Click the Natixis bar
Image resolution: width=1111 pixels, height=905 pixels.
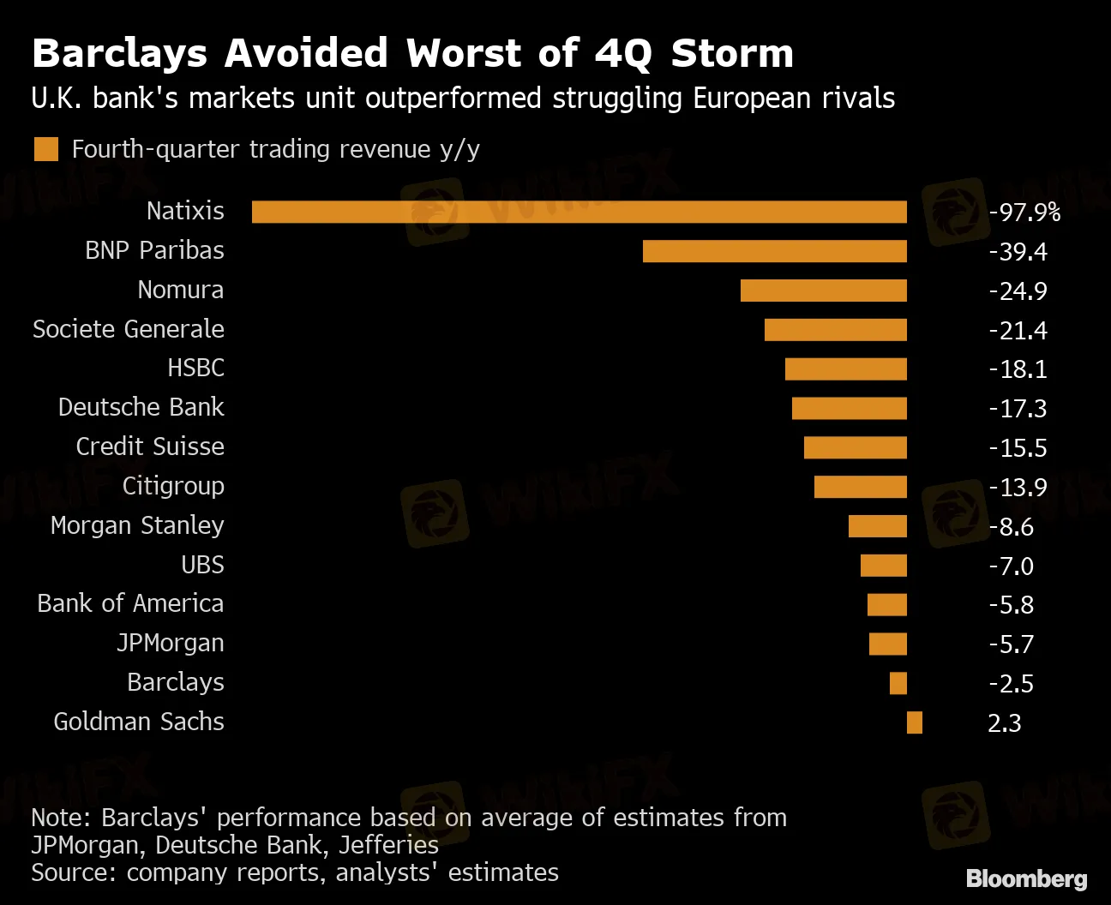tap(579, 212)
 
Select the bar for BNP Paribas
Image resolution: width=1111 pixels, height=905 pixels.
tap(774, 251)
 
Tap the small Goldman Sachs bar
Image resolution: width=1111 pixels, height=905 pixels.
tap(915, 722)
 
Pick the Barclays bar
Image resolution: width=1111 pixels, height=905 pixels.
tap(898, 683)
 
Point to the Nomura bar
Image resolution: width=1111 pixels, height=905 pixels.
tap(823, 291)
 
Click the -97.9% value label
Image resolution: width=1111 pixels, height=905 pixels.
tap(1024, 212)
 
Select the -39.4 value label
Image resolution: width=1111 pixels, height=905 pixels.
tap(1018, 251)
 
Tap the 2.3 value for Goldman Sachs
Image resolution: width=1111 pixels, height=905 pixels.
tap(1004, 722)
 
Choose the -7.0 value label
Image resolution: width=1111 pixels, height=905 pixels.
tap(1011, 566)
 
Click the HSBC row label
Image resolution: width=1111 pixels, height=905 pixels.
tap(195, 368)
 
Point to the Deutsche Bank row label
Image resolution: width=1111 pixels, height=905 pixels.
tap(141, 407)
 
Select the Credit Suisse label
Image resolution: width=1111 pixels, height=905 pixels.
tap(150, 447)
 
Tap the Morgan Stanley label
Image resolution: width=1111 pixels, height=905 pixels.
tap(137, 525)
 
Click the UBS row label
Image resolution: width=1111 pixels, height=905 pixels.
tap(202, 565)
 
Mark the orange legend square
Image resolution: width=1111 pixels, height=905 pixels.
tap(46, 149)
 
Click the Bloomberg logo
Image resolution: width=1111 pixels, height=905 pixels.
tap(1026, 878)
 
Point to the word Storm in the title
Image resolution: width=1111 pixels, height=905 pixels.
tap(732, 53)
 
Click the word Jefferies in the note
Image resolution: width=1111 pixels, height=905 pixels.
tap(388, 845)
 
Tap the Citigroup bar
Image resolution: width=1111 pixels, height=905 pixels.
tap(860, 487)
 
